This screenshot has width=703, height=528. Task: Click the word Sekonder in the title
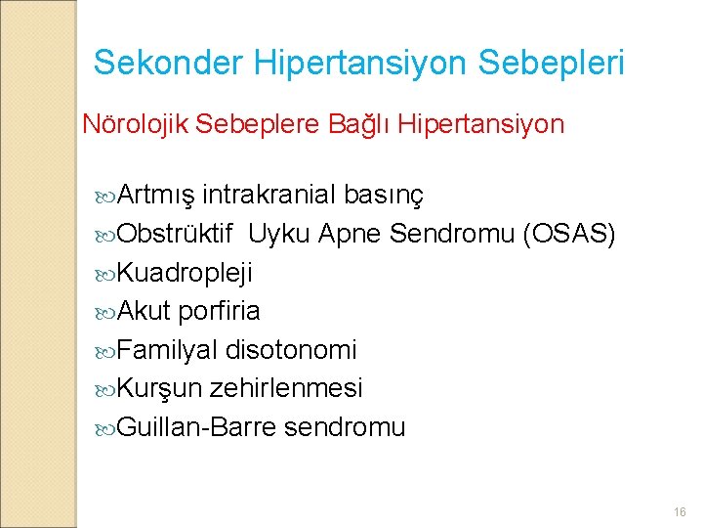pos(169,62)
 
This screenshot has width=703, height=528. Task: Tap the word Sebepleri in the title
pos(551,64)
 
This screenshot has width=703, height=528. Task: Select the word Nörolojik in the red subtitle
pos(136,124)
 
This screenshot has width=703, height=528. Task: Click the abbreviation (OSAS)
pos(568,234)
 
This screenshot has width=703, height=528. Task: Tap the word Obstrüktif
pos(175,233)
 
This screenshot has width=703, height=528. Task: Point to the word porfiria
pos(220,312)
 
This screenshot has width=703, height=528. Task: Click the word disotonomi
pos(291,350)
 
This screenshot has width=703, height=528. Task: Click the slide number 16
pos(680,511)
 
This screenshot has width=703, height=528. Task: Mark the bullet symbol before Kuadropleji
pos(105,275)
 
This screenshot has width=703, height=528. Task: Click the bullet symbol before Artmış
pos(105,197)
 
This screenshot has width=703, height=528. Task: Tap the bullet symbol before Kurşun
pos(105,390)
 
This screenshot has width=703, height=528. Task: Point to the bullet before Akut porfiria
pos(105,313)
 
